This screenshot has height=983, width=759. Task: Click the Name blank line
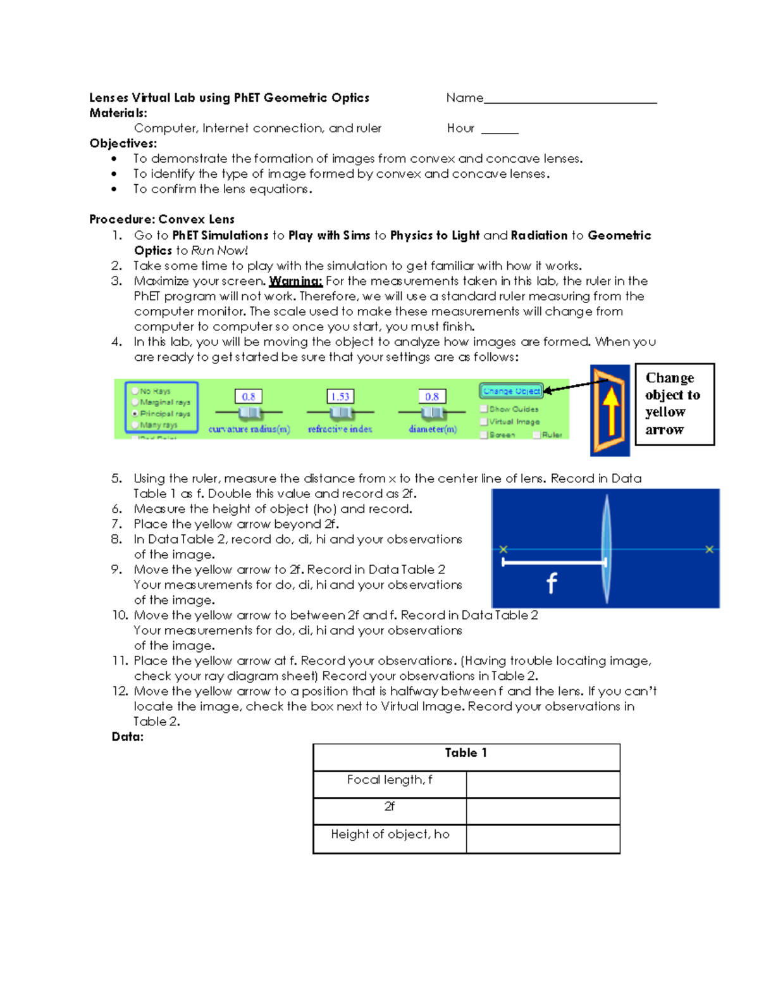(x=570, y=100)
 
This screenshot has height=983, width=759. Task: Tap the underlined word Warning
(x=295, y=281)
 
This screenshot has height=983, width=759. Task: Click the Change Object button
(x=511, y=391)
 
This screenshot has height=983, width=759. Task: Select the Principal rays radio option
(x=135, y=413)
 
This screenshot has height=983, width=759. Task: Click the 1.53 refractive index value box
(x=340, y=397)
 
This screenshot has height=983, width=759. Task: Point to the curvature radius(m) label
(x=249, y=429)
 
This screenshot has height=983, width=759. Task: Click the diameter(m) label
(x=432, y=429)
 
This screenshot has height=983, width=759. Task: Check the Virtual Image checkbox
(x=484, y=422)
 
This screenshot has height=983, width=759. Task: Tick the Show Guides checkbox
(x=484, y=409)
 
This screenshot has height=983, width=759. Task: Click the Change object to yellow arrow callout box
(x=674, y=404)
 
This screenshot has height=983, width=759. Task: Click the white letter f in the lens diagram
(x=552, y=582)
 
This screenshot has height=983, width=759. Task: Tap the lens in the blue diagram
(x=606, y=548)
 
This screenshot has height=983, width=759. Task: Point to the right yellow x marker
(x=709, y=549)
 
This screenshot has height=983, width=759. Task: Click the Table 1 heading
(x=466, y=753)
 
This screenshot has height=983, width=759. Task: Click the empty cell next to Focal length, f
(x=543, y=784)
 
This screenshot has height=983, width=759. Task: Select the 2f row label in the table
(x=390, y=806)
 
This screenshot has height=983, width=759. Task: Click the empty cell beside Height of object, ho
(x=543, y=839)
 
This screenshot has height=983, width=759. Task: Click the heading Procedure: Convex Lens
(x=162, y=220)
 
